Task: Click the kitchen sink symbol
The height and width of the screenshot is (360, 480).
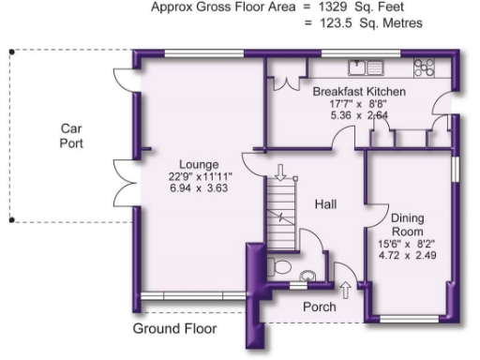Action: [x=366, y=67]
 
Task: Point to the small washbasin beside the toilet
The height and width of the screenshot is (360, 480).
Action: [x=309, y=276]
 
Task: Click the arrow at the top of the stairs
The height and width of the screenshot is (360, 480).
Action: [x=279, y=172]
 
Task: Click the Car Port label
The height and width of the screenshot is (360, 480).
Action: [x=72, y=136]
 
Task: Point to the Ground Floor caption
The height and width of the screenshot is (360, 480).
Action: [x=174, y=329]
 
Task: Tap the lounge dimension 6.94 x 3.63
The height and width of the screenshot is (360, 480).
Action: [x=199, y=187]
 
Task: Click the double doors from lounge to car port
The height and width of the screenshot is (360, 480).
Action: [x=125, y=184]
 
